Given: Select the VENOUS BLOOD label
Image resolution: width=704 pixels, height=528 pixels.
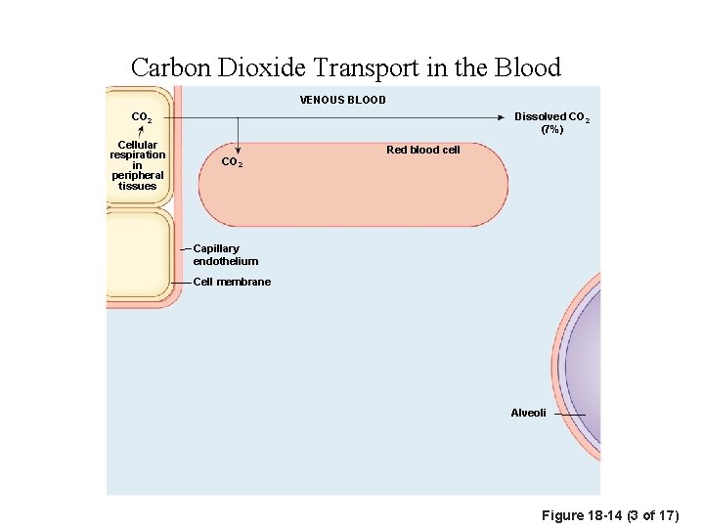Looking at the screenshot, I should [342, 100].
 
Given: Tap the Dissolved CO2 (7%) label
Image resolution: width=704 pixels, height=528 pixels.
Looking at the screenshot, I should [551, 122].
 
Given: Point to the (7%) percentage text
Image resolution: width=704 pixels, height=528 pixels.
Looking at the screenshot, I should [551, 129].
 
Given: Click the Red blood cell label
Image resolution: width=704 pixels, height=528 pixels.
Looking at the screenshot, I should [422, 150].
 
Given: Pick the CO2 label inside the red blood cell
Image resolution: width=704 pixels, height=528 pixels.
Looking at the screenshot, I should [232, 162].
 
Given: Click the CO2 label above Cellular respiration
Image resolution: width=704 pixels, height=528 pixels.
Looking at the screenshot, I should [142, 118].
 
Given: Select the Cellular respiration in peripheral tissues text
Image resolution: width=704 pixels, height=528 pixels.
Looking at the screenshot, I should [138, 165].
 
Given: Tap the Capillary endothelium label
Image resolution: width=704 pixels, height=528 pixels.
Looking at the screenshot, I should [225, 255].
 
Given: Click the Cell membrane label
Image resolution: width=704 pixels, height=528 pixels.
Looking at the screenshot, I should [232, 282].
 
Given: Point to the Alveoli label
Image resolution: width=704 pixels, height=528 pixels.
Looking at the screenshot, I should [528, 413].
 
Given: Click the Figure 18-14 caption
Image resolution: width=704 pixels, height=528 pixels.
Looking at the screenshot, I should [616, 515].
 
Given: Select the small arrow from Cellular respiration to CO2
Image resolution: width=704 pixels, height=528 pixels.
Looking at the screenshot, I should [141, 132].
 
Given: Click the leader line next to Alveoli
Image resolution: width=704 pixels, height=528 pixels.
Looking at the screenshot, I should [568, 415].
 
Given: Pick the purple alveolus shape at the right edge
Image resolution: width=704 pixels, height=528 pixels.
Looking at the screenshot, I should [583, 381].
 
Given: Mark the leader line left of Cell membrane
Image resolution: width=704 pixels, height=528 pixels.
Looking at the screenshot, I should [180, 282].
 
